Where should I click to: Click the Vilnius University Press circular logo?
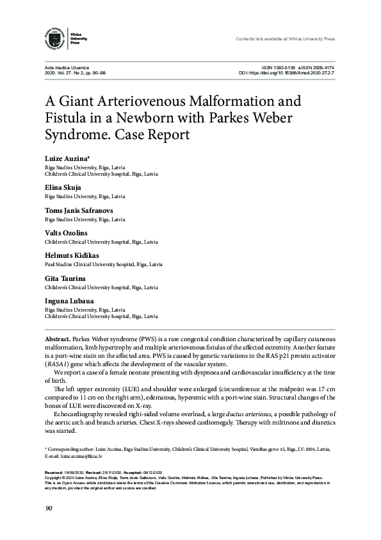point(57,38)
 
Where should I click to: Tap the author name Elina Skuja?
point(63,187)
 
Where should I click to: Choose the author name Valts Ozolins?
point(66,232)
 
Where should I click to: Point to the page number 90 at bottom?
point(49,509)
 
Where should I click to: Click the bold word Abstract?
point(57,337)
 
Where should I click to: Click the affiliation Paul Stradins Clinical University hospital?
point(103,264)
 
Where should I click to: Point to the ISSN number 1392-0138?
point(284,67)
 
